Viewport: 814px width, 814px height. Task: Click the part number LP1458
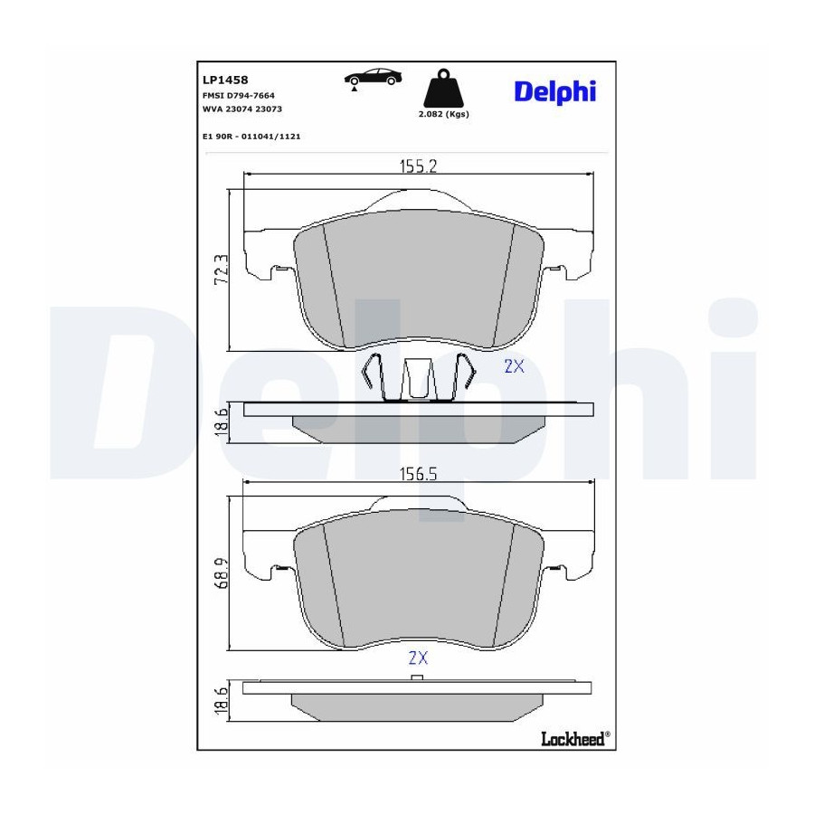225,80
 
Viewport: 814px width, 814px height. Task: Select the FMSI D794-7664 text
238,96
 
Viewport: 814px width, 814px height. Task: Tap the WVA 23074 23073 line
241,109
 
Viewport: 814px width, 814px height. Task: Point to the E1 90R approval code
251,137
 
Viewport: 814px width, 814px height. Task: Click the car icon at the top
373,79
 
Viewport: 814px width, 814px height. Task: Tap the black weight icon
443,89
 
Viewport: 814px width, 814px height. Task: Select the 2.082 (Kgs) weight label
443,114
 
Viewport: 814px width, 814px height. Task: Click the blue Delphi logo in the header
555,92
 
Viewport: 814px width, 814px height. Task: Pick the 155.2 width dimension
419,166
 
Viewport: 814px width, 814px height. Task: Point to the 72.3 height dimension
222,270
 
